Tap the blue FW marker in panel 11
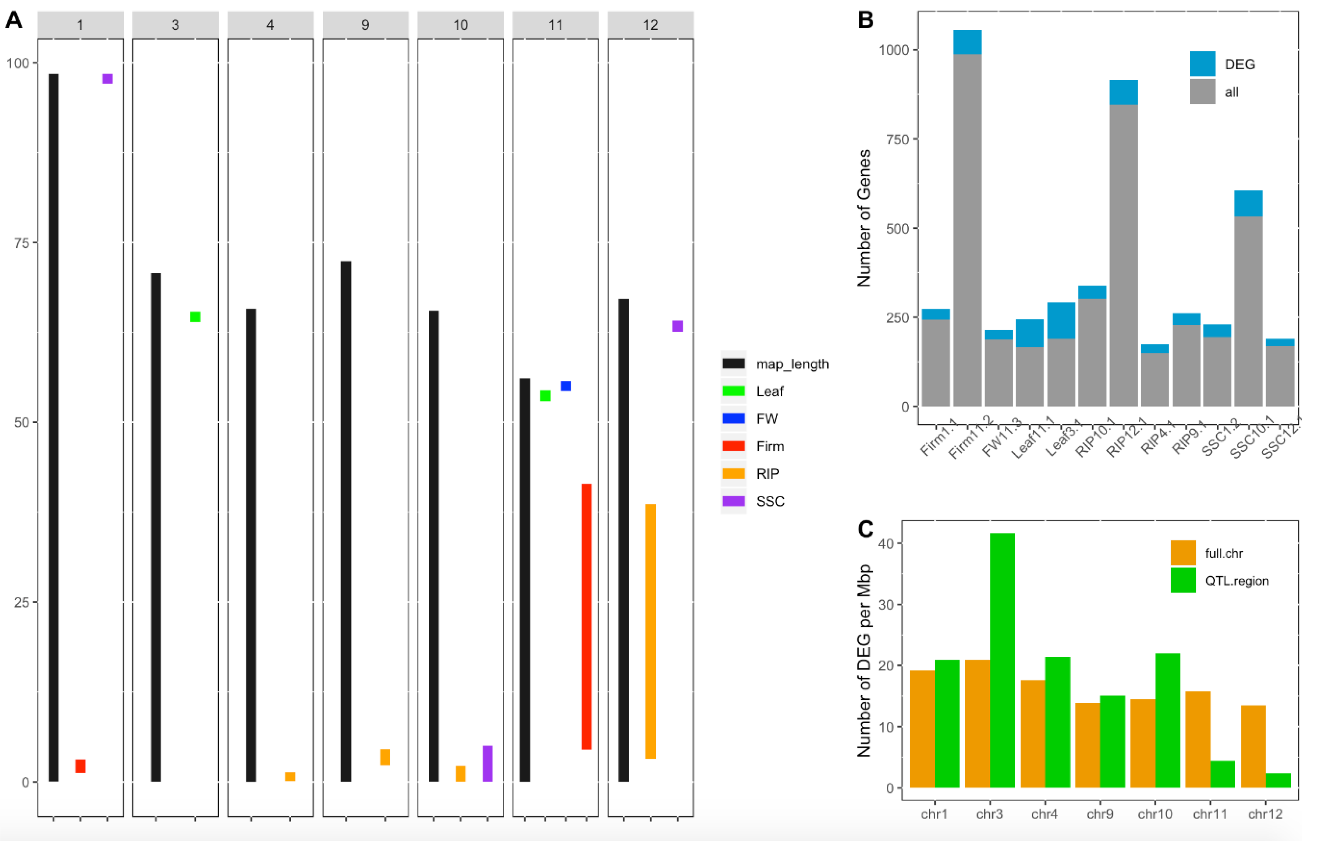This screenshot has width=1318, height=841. pos(566,386)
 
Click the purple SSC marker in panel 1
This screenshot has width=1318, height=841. pos(107,79)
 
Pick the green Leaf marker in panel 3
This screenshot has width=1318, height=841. pos(195,317)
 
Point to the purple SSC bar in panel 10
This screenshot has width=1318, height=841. pos(487,763)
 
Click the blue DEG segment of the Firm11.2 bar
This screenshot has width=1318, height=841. pos(967,42)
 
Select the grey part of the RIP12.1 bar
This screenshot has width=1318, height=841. pos(1124,255)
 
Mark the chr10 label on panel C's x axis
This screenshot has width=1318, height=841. pos(1154,814)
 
